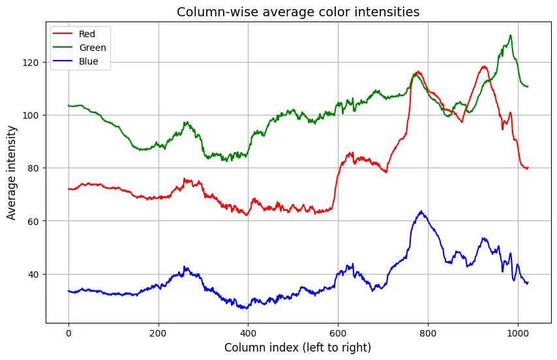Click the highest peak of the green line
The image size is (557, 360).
click(x=511, y=35)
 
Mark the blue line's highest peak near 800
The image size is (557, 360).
click(x=421, y=211)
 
